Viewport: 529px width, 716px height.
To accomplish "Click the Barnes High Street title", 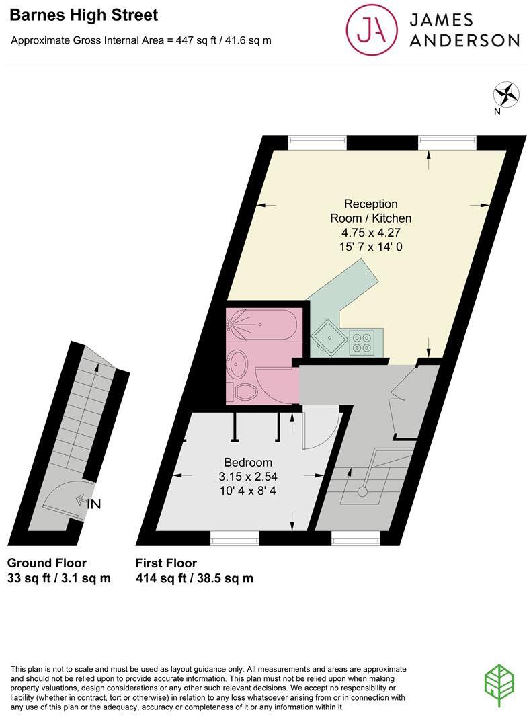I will pyautogui.click(x=85, y=15).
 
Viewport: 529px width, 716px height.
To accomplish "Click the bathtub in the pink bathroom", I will pyautogui.click(x=261, y=323).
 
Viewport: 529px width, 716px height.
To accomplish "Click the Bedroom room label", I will pyautogui.click(x=248, y=462).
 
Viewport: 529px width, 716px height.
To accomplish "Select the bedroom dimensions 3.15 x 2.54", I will pyautogui.click(x=248, y=476).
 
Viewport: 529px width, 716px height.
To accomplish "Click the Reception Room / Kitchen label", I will pyautogui.click(x=370, y=210).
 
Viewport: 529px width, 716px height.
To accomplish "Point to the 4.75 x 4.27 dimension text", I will pyautogui.click(x=370, y=233).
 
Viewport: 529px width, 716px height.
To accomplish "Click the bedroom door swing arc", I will pyautogui.click(x=320, y=430).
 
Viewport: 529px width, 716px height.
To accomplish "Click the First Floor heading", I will pyautogui.click(x=166, y=563).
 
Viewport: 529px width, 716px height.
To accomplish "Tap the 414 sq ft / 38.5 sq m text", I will pyautogui.click(x=194, y=578).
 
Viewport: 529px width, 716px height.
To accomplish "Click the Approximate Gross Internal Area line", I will pyautogui.click(x=141, y=40).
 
